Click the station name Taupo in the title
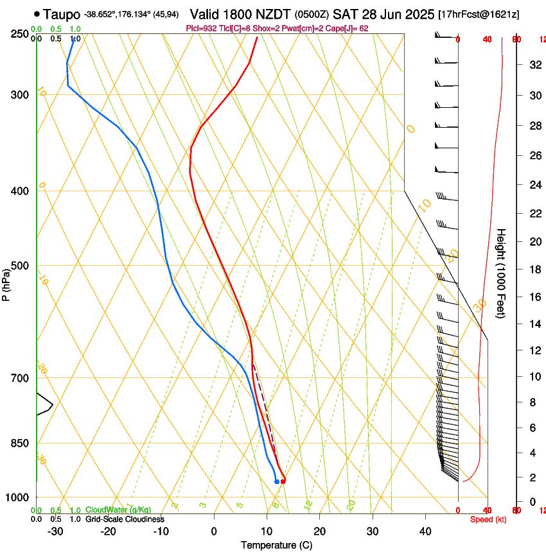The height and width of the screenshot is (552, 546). click(x=62, y=14)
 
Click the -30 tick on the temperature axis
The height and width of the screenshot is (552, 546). click(x=56, y=531)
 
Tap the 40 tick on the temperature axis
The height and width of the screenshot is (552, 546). click(x=425, y=531)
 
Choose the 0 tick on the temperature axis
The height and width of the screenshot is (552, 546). click(x=215, y=531)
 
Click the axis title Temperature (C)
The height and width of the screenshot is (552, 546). click(x=276, y=545)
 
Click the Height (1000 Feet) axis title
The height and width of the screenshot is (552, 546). click(x=502, y=273)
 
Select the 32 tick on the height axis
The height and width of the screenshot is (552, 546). click(x=534, y=65)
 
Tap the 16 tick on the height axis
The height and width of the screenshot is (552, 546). click(x=534, y=297)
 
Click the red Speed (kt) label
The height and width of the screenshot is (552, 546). click(x=488, y=519)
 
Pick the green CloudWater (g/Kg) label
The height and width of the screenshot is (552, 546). click(x=115, y=510)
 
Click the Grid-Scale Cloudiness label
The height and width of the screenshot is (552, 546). click(x=125, y=519)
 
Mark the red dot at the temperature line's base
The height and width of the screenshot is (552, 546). click(x=283, y=481)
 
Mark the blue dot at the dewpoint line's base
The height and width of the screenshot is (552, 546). click(x=277, y=481)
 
